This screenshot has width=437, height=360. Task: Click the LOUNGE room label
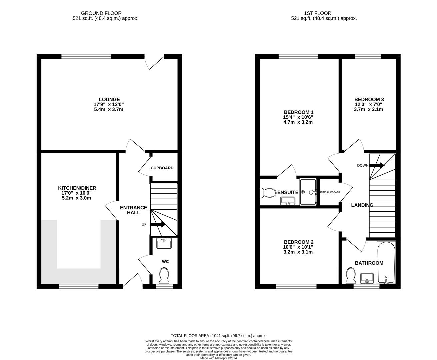point(109,99)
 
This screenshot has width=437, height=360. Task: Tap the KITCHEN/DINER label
point(77,188)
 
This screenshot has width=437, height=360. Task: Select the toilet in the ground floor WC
point(164,276)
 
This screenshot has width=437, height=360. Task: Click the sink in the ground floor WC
point(164,243)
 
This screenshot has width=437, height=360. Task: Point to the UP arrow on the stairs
point(158,224)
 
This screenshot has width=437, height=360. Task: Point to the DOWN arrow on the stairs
point(377,165)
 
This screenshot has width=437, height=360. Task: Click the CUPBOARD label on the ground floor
point(162,168)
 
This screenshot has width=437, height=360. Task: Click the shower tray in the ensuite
point(308,192)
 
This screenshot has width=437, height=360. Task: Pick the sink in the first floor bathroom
point(367,278)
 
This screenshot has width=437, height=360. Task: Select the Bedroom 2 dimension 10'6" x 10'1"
point(298,247)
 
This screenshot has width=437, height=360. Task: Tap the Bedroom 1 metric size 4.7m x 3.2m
point(298,122)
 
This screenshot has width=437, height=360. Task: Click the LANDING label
point(362,205)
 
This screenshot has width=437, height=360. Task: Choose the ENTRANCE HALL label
point(133,210)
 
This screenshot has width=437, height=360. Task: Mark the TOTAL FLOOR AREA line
point(218,336)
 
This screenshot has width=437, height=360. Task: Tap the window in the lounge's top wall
point(86,56)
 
